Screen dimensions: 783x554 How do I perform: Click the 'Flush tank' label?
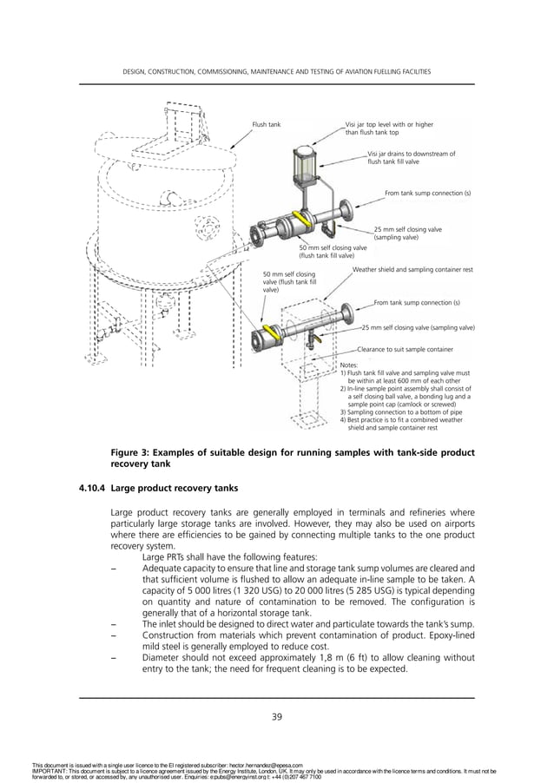(266, 125)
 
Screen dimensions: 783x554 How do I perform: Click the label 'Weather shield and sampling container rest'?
(412, 270)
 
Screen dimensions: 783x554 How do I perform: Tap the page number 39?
(277, 716)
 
